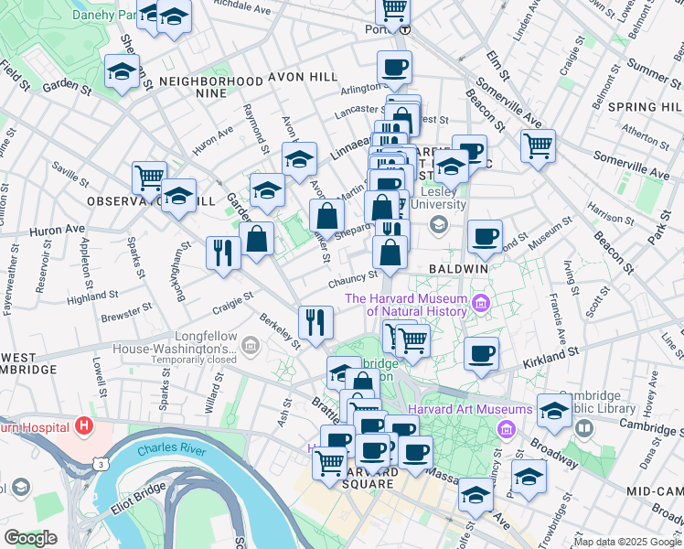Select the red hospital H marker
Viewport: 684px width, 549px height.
(x=84, y=425)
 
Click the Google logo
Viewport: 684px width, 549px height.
(x=30, y=538)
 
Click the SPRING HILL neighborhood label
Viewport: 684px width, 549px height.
(x=647, y=107)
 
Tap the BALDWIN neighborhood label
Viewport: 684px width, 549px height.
(x=458, y=269)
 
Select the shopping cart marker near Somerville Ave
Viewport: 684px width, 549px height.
(x=538, y=145)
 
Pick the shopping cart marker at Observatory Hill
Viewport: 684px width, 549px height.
(x=149, y=177)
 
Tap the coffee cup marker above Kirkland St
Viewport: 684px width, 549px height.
(x=481, y=353)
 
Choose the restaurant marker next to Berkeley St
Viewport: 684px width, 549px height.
(x=315, y=321)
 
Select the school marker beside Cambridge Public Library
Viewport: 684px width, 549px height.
(x=554, y=411)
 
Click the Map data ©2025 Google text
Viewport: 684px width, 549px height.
(x=626, y=542)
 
